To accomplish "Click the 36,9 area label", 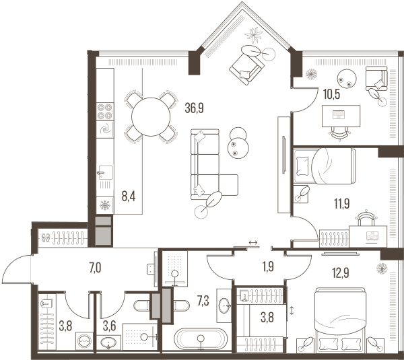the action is pyautogui.click(x=195, y=108).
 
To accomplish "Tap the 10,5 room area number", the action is pyautogui.click(x=331, y=94).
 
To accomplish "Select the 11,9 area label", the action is pyautogui.click(x=342, y=203).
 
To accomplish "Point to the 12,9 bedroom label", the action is pyautogui.click(x=341, y=273).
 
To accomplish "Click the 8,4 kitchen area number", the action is pyautogui.click(x=129, y=196).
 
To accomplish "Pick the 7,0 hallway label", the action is pyautogui.click(x=95, y=268).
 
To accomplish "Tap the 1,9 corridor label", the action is pyautogui.click(x=268, y=266).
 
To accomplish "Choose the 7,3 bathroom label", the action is pyautogui.click(x=203, y=301).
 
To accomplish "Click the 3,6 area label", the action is pyautogui.click(x=109, y=326).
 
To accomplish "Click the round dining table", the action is pyautogui.click(x=151, y=117).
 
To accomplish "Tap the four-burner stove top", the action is pyautogui.click(x=105, y=111).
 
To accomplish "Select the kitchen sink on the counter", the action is pyautogui.click(x=106, y=172).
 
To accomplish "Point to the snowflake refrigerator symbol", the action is pyautogui.click(x=105, y=205).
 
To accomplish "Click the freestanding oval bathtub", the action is pyautogui.click(x=201, y=338).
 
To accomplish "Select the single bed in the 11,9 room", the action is pyautogui.click(x=325, y=166).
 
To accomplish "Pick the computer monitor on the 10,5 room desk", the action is pyautogui.click(x=339, y=114).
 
